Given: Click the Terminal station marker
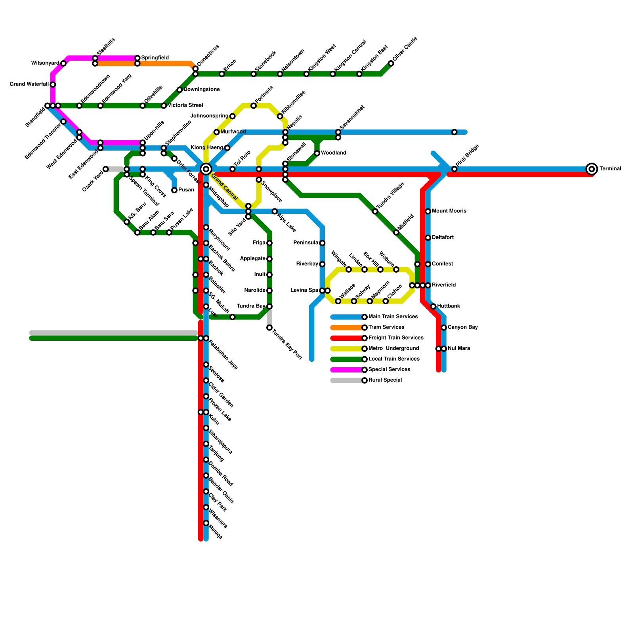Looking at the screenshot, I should point(592,169).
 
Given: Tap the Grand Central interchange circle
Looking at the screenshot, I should point(206,169).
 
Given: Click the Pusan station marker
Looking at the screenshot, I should point(174,191).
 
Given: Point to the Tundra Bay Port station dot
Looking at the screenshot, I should point(269,328).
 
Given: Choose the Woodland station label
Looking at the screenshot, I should point(333,153).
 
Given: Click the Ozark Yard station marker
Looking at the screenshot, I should point(106,169).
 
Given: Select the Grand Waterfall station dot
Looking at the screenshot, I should point(53,84).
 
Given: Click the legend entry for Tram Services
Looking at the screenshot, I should point(386,327).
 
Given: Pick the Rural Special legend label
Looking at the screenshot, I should point(385,380).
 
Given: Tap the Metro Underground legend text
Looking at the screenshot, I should point(393,349).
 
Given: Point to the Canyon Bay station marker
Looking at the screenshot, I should point(444,328).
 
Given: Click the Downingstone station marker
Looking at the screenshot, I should point(180,90).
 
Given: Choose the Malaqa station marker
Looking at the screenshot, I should point(206,523).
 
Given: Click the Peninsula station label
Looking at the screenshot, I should point(306,243).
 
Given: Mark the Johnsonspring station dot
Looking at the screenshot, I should point(233,116).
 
